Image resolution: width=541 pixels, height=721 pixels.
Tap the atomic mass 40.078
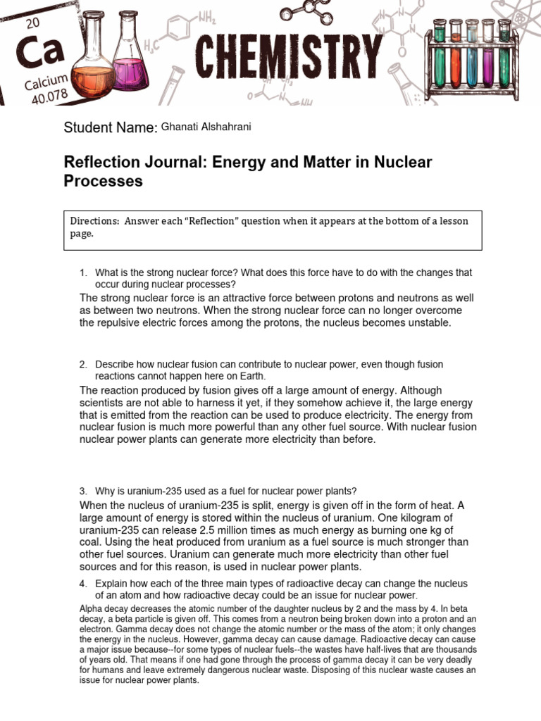51,95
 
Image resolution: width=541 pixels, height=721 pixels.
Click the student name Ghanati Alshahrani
206,127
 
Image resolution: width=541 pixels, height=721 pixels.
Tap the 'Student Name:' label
110,127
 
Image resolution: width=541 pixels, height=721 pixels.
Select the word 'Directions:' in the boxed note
94,221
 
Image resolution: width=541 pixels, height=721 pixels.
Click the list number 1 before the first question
82,272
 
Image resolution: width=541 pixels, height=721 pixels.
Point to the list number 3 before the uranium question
82,490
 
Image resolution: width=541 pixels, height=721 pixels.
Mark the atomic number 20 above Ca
32,23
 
